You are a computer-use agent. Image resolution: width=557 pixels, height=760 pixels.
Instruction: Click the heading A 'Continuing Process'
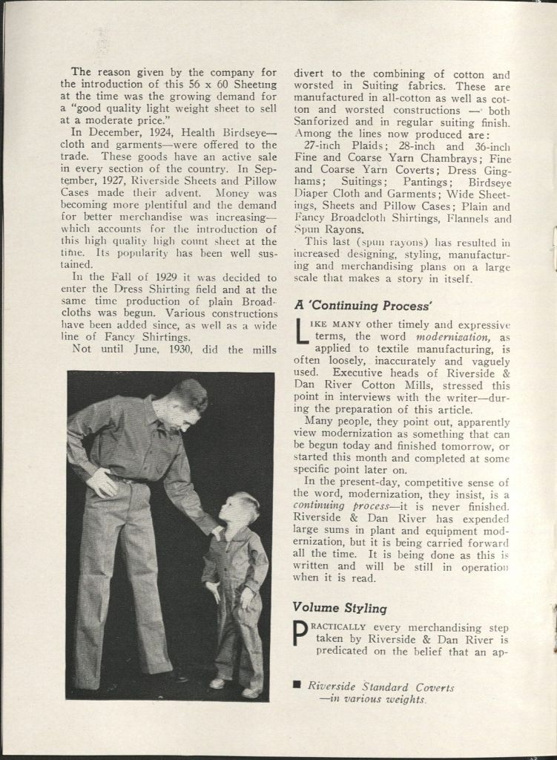click(363, 305)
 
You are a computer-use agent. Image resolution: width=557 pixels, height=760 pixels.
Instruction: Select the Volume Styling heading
click(340, 609)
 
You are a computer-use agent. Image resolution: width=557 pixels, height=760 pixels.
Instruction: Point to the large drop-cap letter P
click(301, 635)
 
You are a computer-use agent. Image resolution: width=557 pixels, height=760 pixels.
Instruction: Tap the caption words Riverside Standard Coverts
click(380, 687)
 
